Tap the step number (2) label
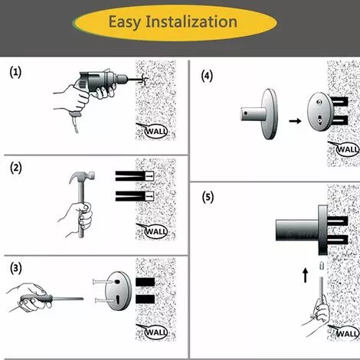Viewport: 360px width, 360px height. (x=16, y=168)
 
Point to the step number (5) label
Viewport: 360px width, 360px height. (x=207, y=197)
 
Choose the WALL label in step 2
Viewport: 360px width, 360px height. (x=156, y=231)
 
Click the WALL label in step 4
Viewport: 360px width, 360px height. (x=347, y=149)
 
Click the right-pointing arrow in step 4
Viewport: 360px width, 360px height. (x=293, y=121)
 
